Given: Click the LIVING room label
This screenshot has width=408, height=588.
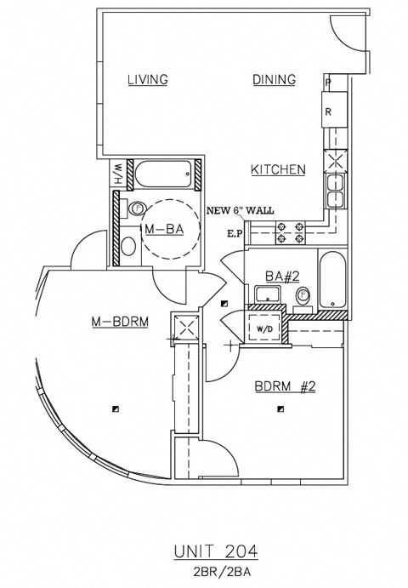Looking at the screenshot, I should click(147, 80).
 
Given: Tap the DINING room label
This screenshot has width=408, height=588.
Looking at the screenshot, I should click(274, 80).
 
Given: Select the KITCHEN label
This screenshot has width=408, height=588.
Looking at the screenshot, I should click(278, 170).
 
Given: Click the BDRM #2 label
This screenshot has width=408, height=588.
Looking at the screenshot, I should click(285, 387).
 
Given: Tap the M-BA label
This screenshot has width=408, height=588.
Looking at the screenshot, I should click(165, 230).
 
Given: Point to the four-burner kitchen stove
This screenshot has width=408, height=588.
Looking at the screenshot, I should click(288, 232).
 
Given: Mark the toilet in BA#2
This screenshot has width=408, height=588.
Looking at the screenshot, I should click(303, 296).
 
